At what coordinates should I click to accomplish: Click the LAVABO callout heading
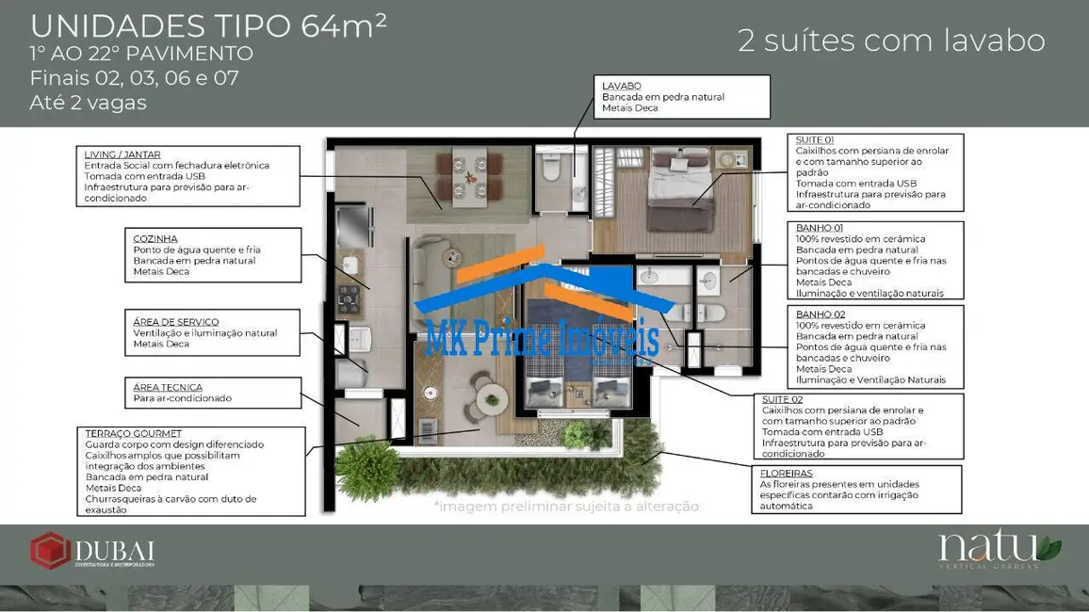(622, 86)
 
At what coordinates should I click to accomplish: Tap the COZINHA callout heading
(155, 238)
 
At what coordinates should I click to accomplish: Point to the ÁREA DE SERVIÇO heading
(176, 322)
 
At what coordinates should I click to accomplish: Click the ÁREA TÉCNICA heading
(168, 387)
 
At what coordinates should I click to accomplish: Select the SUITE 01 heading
(815, 139)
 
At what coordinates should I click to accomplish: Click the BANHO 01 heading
(820, 228)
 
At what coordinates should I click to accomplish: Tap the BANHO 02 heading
(820, 314)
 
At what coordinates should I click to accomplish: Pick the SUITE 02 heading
(781, 400)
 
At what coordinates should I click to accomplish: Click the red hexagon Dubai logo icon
(49, 551)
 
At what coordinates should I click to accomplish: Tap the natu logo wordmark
(989, 548)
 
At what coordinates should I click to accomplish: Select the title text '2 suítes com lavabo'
(891, 41)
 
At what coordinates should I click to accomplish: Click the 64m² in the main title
(344, 26)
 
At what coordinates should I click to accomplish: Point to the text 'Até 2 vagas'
(88, 103)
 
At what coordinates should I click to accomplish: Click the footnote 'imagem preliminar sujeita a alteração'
(566, 507)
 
